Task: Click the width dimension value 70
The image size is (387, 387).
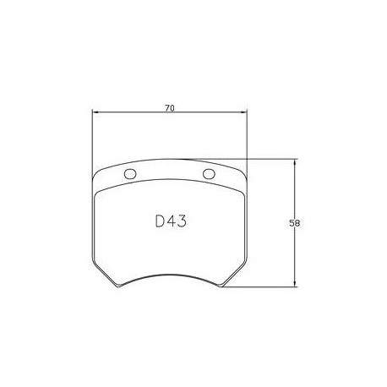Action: [x=170, y=109]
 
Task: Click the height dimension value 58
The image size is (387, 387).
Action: [x=295, y=224]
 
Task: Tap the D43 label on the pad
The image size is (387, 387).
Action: [x=170, y=222]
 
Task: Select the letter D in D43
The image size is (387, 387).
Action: [x=160, y=222]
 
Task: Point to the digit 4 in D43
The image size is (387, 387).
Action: [x=171, y=222]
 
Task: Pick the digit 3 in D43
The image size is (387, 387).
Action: [x=181, y=222]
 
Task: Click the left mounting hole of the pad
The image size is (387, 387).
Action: [x=130, y=175]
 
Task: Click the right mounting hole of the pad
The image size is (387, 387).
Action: [x=210, y=175]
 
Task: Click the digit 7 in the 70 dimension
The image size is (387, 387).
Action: [x=167, y=109]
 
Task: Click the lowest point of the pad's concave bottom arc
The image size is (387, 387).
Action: [x=170, y=275]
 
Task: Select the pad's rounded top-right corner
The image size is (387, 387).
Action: [x=242, y=168]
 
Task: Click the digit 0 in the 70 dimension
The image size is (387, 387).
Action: [x=172, y=109]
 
